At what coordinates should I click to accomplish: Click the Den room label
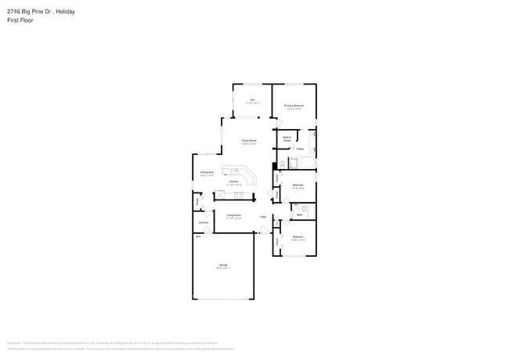point(252,99)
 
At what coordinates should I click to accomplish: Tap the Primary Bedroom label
point(294,106)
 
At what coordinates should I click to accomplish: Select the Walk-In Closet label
point(287,139)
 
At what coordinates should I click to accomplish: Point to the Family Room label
point(249,140)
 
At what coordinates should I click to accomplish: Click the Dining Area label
point(207,172)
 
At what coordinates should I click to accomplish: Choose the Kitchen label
point(233,182)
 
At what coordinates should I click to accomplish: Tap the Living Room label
point(233,215)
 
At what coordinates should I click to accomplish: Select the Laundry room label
point(203,222)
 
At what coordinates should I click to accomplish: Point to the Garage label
point(223,265)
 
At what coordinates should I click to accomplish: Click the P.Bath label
point(300,148)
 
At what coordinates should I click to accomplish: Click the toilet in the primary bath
point(283,164)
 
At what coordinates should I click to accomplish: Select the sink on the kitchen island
point(233,172)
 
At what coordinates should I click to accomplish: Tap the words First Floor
point(20,20)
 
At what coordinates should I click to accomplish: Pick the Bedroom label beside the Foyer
point(298,236)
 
